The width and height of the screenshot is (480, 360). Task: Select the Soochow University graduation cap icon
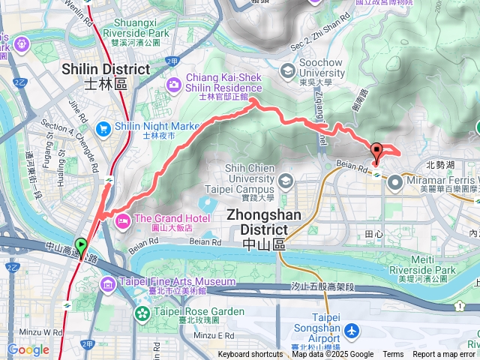pos(288,70)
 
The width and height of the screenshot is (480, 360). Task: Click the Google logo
pos(28,350)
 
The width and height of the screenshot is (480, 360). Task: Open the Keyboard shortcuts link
pos(250,355)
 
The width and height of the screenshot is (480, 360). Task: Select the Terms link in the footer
pos(393,355)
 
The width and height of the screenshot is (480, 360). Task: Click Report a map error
pos(444,355)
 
